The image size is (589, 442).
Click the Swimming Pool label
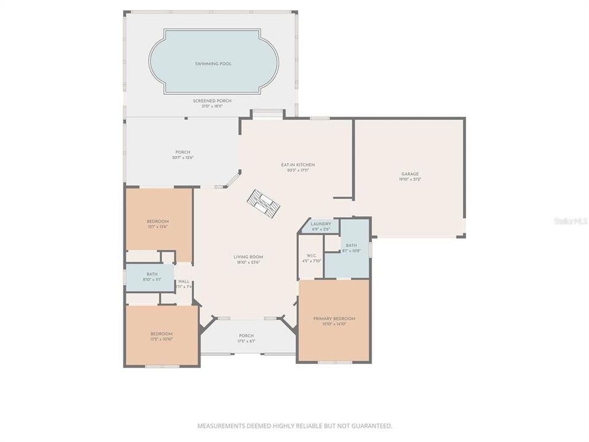click(213, 64)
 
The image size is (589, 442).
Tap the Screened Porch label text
click(212, 101)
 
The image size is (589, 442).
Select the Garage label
click(410, 174)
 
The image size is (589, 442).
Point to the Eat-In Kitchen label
click(298, 165)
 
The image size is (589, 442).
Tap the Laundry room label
click(321, 224)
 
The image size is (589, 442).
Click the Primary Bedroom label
click(334, 319)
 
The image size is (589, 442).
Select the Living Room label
click(248, 257)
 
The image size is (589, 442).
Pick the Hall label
click(184, 282)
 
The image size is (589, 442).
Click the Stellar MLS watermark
click(570, 220)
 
